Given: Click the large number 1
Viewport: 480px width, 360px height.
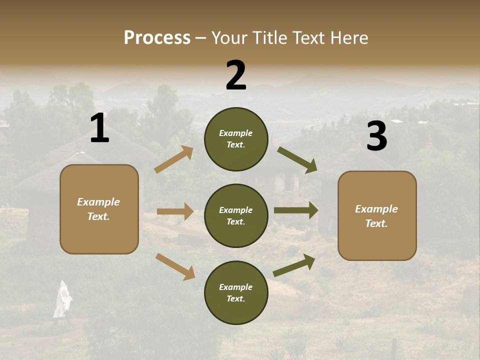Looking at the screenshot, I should [99, 128].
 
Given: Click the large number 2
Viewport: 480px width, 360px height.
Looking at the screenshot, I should [236, 75].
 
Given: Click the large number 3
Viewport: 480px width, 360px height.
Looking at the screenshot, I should [376, 136].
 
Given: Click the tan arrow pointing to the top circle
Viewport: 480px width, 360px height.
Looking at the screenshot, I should [174, 159].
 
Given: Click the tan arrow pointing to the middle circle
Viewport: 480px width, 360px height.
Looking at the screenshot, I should [175, 211].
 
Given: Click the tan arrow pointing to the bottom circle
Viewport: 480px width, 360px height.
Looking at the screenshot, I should [175, 266].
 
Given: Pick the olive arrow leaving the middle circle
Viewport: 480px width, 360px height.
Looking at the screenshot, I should [296, 210].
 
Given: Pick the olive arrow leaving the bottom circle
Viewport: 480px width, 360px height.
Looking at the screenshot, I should [294, 265].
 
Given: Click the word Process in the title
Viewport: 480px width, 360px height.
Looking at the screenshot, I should [157, 37].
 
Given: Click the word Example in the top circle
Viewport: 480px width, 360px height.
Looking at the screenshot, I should [236, 133].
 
